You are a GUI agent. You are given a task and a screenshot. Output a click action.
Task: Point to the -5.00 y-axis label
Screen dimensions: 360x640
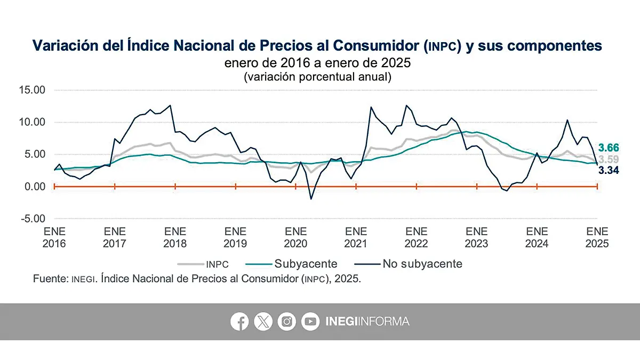click(x=34, y=219)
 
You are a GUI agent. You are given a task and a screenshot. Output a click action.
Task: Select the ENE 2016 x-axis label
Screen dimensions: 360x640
click(x=54, y=237)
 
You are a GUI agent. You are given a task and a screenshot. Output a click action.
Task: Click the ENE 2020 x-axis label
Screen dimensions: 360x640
click(x=296, y=237)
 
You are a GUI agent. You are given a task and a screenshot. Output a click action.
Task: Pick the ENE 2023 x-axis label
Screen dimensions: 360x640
click(x=477, y=237)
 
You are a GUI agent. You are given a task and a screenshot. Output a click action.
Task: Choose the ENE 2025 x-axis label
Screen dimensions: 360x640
click(x=597, y=237)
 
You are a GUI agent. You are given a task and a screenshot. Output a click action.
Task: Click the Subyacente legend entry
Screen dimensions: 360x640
click(x=306, y=263)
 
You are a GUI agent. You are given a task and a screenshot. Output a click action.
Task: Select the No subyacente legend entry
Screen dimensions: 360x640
click(x=422, y=263)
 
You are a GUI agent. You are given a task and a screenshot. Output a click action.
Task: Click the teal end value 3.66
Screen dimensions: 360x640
click(x=609, y=148)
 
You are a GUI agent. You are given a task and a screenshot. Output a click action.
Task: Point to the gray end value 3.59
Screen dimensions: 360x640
click(x=609, y=159)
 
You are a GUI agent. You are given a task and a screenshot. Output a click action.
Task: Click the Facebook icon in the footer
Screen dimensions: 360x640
click(x=240, y=322)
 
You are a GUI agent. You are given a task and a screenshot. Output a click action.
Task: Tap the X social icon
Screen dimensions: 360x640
click(x=263, y=322)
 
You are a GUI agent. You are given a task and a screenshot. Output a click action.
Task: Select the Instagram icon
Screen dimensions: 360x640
click(x=287, y=322)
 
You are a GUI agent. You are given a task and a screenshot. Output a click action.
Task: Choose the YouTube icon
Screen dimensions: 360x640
click(x=310, y=322)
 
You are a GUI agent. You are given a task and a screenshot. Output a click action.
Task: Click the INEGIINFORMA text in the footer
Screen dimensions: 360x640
click(x=367, y=322)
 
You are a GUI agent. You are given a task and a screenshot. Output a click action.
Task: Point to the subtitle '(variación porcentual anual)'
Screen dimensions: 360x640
click(x=318, y=76)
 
